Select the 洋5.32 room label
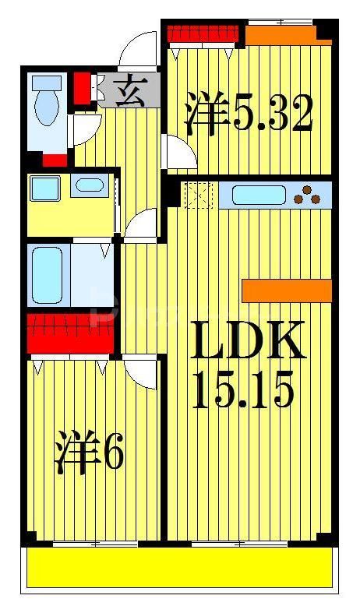249,113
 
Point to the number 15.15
242,389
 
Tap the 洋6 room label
89,453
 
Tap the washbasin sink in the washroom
91,186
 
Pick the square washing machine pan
44,188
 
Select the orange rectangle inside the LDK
287,291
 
